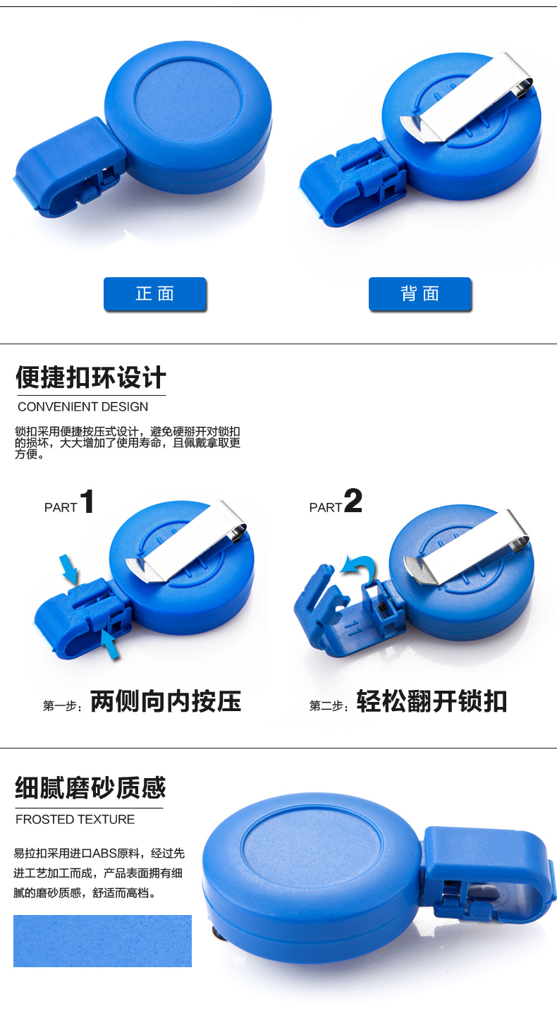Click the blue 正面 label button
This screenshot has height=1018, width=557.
point(155,294)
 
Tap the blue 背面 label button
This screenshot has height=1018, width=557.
point(420,294)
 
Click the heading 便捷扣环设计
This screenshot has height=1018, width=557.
point(91,377)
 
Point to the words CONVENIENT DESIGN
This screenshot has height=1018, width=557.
point(82,407)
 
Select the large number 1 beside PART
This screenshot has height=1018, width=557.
point(87,502)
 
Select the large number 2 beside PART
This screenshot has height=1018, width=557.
point(353,500)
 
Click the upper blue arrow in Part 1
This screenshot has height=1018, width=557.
point(69,569)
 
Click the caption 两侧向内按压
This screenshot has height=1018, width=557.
point(166,701)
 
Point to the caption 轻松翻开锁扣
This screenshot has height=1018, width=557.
point(431,701)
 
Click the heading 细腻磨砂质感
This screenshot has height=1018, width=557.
point(90,787)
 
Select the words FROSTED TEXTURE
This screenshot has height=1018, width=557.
point(75,819)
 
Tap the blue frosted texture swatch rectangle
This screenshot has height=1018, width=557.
point(102,941)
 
